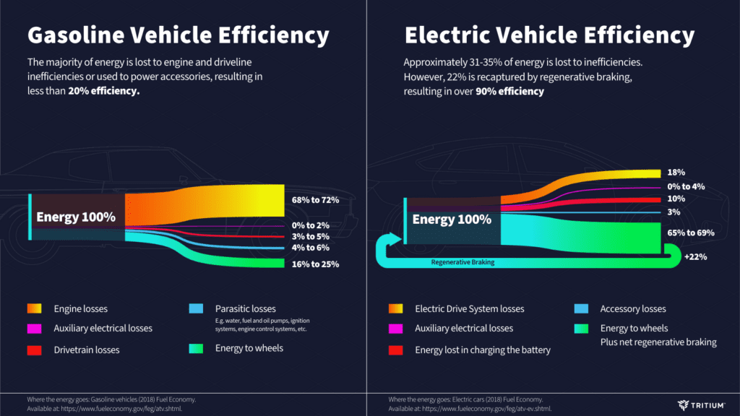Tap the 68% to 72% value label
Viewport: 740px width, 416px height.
[x=316, y=200]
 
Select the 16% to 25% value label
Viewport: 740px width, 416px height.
[x=316, y=264]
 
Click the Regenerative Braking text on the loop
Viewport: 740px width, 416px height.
[x=462, y=263]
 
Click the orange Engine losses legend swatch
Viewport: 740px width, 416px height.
[x=34, y=309]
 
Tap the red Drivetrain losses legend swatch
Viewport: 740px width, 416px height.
[x=34, y=350]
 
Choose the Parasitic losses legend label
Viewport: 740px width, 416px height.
[x=245, y=309]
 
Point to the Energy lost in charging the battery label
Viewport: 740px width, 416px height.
[x=483, y=350]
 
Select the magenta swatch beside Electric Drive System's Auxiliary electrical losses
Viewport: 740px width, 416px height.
[x=395, y=329]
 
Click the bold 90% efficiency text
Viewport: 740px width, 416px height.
[x=509, y=92]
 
